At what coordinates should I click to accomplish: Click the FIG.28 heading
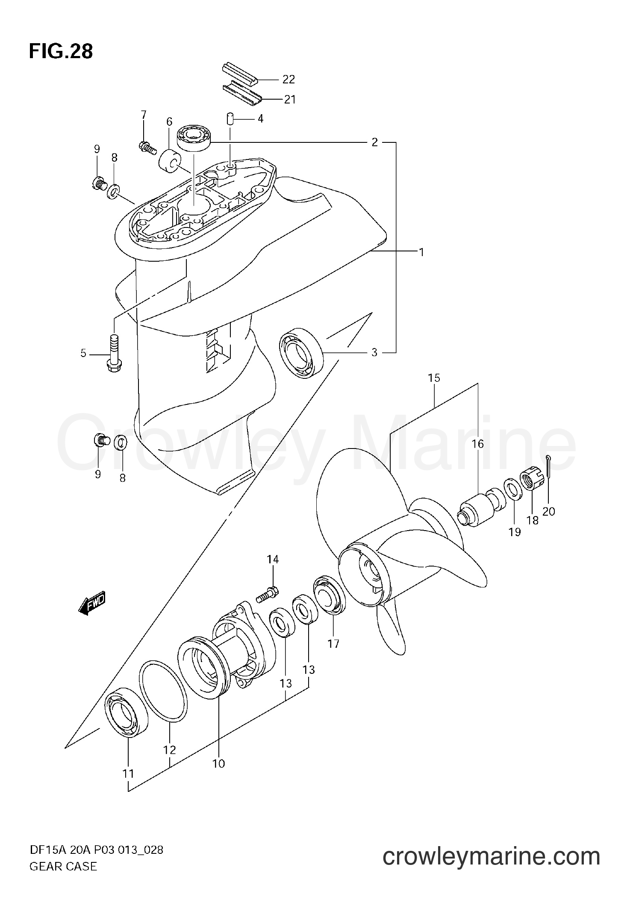click(61, 52)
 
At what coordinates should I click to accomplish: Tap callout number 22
click(289, 80)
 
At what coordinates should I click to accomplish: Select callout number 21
click(290, 100)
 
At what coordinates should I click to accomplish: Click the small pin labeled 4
click(229, 118)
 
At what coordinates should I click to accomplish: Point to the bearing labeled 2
click(194, 137)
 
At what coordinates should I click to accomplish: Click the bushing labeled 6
click(169, 161)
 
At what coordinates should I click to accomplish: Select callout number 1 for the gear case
click(421, 253)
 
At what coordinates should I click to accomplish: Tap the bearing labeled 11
click(127, 712)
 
